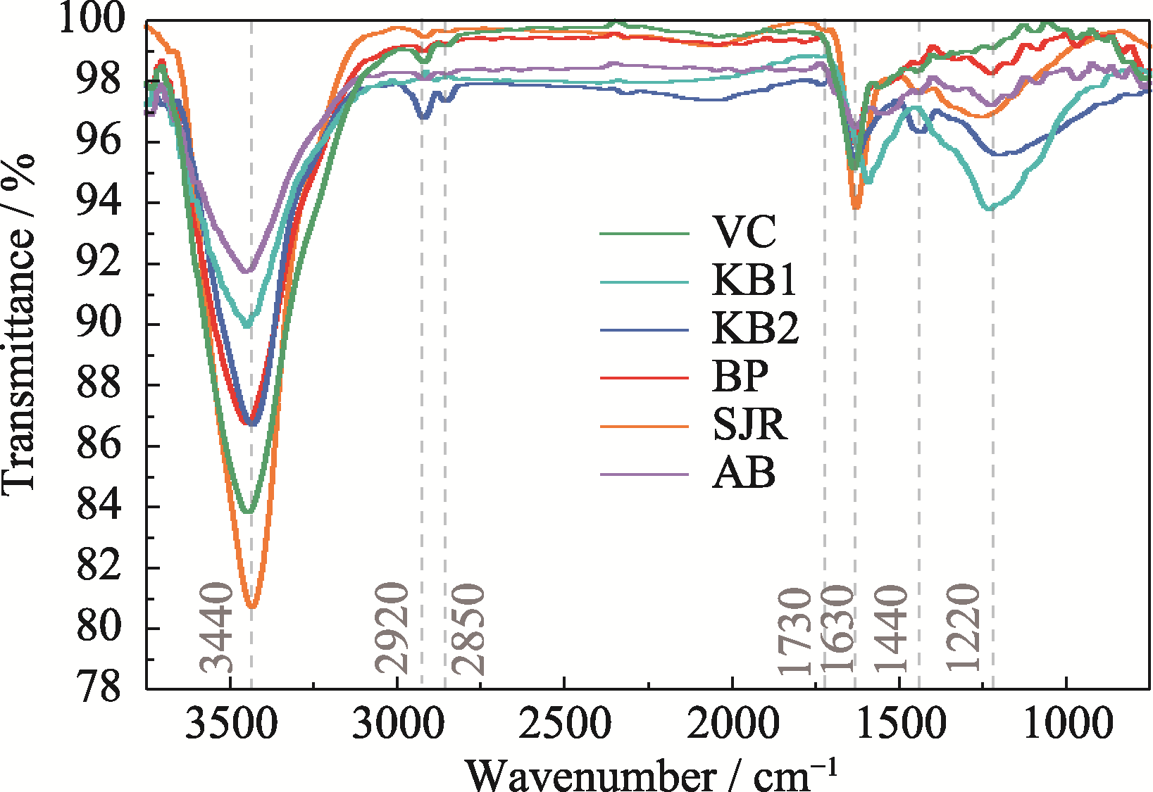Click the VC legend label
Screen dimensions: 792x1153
pos(744,232)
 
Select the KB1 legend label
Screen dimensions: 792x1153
pos(754,280)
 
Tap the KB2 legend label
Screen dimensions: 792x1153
pos(755,328)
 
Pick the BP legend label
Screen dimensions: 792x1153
pos(740,376)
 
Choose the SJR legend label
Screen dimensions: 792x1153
pos(749,425)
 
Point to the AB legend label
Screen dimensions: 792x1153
pos(744,472)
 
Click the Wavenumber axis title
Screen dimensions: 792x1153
pos(652,774)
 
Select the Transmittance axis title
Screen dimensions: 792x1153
pos(19,324)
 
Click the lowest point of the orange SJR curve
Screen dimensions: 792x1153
pos(251,606)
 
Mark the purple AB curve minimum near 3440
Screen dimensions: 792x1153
pos(247,272)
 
